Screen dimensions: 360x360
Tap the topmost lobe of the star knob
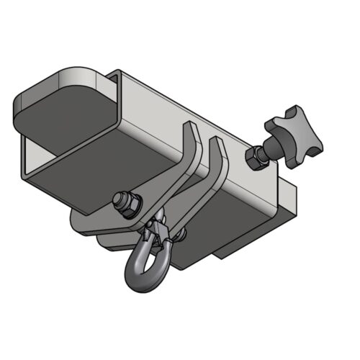(x=292, y=110)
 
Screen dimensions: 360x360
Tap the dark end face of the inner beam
(x=68, y=119)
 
